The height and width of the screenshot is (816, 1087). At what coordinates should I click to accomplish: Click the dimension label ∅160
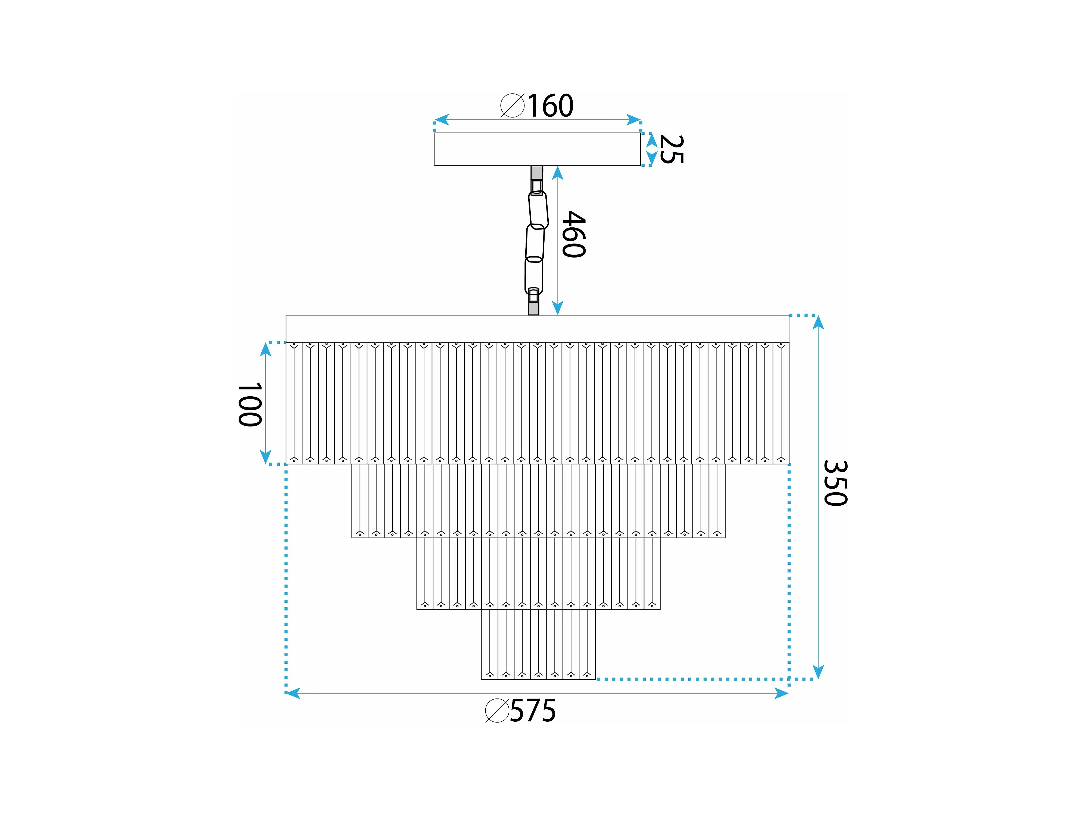coord(537,105)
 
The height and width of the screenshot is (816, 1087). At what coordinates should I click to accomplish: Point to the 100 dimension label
coord(250,404)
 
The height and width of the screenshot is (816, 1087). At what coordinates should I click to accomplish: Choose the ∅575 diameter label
coord(520,711)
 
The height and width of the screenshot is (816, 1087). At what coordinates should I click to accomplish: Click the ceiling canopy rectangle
coord(537,149)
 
